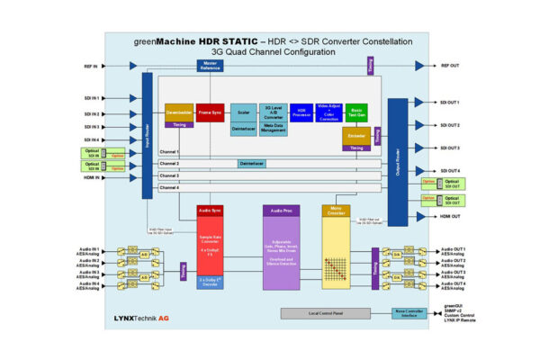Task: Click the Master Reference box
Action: coord(210,66)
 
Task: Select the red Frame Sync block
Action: coord(210,113)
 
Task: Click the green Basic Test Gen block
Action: coord(356,113)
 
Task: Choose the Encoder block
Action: coord(356,136)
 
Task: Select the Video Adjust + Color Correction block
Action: coord(328,113)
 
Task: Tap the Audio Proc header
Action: coord(280,211)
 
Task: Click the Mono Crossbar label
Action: coord(335,211)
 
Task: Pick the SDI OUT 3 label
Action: coord(451,148)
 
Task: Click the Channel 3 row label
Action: coord(170,175)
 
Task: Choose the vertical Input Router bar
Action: coord(148,135)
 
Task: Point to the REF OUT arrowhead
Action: coord(418,66)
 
